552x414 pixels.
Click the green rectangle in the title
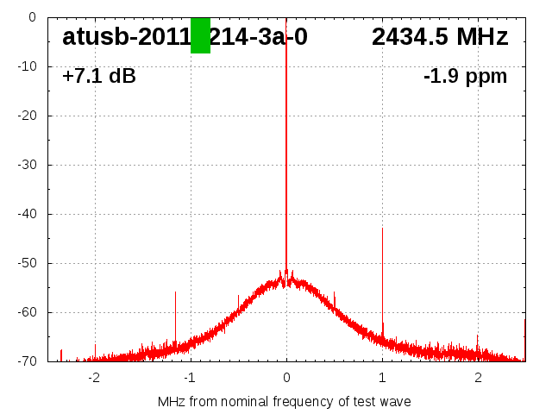pyautogui.click(x=200, y=35)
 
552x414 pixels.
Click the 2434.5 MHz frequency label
pyautogui.click(x=440, y=37)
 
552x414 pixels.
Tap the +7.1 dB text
pyautogui.click(x=99, y=77)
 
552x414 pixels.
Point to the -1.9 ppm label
pyautogui.click(x=465, y=77)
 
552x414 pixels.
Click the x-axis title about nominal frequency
pyautogui.click(x=285, y=402)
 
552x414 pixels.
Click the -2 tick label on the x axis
pyautogui.click(x=94, y=378)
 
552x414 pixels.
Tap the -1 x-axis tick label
pyautogui.click(x=190, y=378)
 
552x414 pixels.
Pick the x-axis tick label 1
pyautogui.click(x=382, y=378)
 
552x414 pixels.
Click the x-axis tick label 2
pyautogui.click(x=478, y=378)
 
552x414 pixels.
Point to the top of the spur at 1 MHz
pyautogui.click(x=382, y=229)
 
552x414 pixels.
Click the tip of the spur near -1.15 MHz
pyautogui.click(x=175, y=292)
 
